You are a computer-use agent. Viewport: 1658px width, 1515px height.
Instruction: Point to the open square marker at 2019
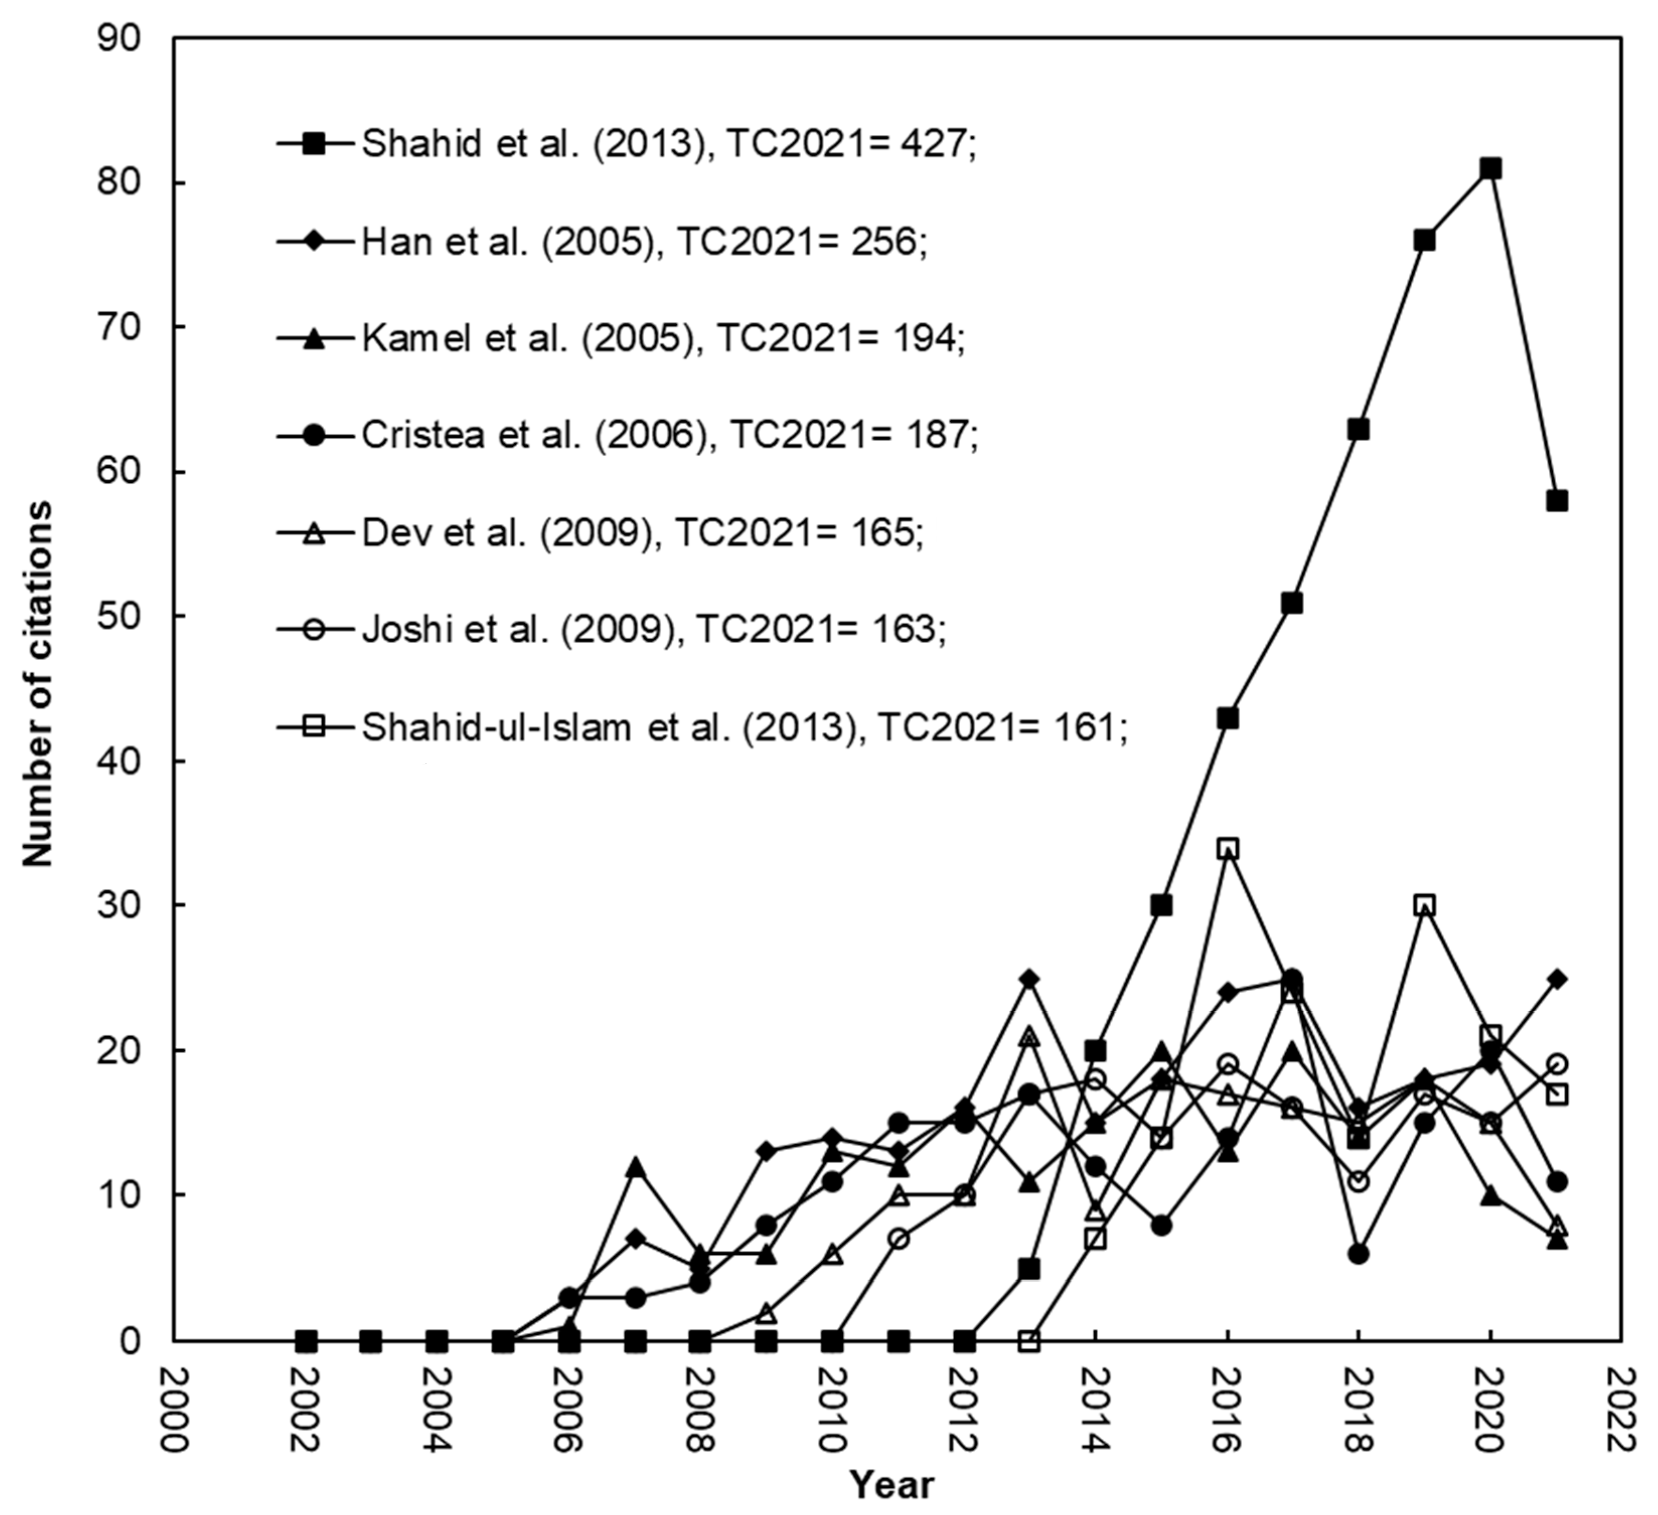pos(1425,906)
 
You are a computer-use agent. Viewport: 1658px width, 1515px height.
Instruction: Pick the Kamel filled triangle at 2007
pos(634,1167)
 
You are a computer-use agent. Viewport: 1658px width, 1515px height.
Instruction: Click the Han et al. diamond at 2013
pos(1030,978)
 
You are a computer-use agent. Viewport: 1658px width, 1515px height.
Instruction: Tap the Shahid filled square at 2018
pos(1359,429)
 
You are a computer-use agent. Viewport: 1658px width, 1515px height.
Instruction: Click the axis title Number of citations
pos(37,683)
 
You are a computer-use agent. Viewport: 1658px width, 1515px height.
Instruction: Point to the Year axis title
pos(892,1485)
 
